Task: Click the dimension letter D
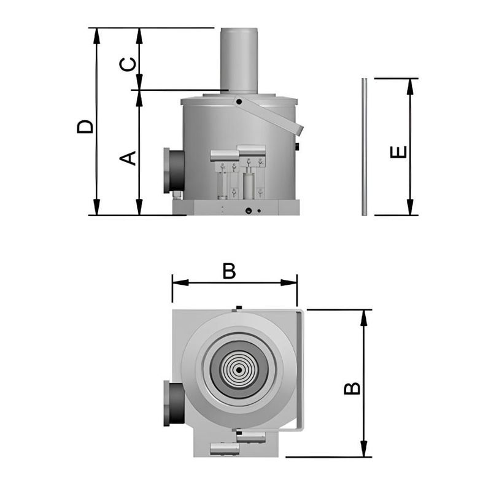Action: coord(85,126)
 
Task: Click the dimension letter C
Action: coord(128,64)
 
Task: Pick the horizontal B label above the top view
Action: coord(229,271)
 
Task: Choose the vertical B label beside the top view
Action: coord(352,389)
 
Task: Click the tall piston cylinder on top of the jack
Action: coord(239,60)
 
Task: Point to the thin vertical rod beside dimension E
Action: coord(364,147)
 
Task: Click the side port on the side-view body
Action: coord(173,171)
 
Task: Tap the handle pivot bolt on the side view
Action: coord(238,101)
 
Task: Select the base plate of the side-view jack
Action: coord(236,208)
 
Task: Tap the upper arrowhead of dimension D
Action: coord(96,34)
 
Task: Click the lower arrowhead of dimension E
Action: coord(410,209)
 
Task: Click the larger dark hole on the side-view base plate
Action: coord(249,211)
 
